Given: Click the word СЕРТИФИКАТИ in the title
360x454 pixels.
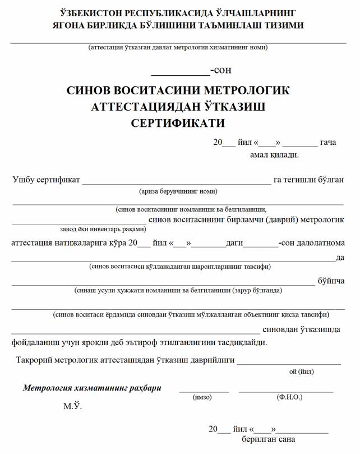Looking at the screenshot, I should pyautogui.click(x=178, y=122).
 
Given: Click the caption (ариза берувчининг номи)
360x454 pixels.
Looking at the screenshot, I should pyautogui.click(x=178, y=191).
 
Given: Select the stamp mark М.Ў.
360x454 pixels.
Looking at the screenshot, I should pyautogui.click(x=72, y=406).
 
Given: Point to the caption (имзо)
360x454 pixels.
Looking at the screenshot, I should pyautogui.click(x=202, y=397).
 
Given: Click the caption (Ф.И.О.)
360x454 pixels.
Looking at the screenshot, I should pyautogui.click(x=289, y=397).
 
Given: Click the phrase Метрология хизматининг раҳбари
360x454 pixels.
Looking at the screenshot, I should pyautogui.click(x=92, y=387).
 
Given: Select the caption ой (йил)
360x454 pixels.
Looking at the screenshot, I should pyautogui.click(x=302, y=371).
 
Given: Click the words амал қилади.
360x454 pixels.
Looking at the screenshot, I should pyautogui.click(x=274, y=154).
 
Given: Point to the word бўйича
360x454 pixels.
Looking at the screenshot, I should pyautogui.click(x=331, y=281).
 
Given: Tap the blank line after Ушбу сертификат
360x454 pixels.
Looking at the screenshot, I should pyautogui.click(x=176, y=183).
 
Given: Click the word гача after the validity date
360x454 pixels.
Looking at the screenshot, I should pyautogui.click(x=327, y=143).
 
